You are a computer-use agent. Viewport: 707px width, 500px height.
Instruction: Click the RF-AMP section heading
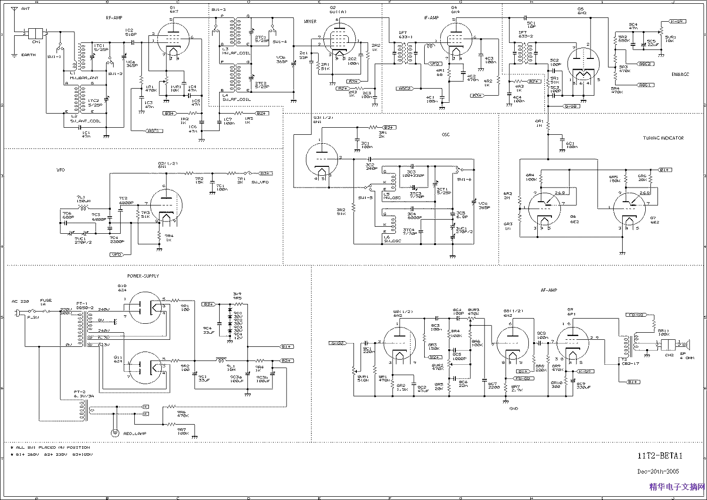(115, 18)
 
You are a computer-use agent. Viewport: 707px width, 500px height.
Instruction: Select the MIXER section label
(310, 22)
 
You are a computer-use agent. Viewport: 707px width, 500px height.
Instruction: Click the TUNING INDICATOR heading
(663, 138)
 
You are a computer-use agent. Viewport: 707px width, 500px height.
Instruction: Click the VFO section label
(60, 169)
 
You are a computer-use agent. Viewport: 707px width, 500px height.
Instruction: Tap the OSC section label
(445, 135)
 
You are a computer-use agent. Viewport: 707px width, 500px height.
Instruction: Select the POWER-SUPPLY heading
(143, 276)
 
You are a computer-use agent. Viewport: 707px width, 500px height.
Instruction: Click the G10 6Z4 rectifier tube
(148, 307)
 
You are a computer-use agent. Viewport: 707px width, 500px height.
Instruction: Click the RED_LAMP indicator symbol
(114, 432)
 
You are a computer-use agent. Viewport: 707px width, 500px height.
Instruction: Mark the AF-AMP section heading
(549, 290)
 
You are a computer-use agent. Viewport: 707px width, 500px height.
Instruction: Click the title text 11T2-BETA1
(660, 456)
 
